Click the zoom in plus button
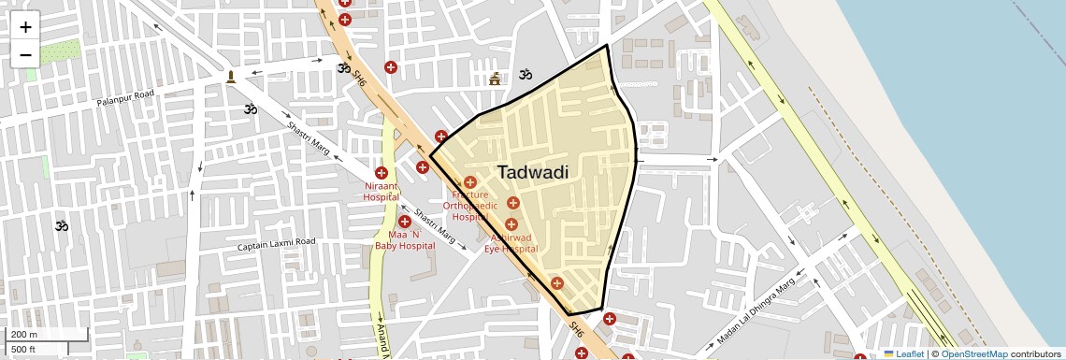25,27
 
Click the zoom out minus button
25,54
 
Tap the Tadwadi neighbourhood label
532,173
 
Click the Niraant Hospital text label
381,192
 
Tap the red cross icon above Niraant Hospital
382,173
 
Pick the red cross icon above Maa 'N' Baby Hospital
405,222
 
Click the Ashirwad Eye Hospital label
511,243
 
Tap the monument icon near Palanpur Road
231,76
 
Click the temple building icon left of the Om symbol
495,79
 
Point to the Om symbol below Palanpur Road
250,109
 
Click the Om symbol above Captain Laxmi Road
62,225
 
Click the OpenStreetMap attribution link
973,353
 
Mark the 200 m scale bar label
24,335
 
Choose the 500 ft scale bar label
23,350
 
